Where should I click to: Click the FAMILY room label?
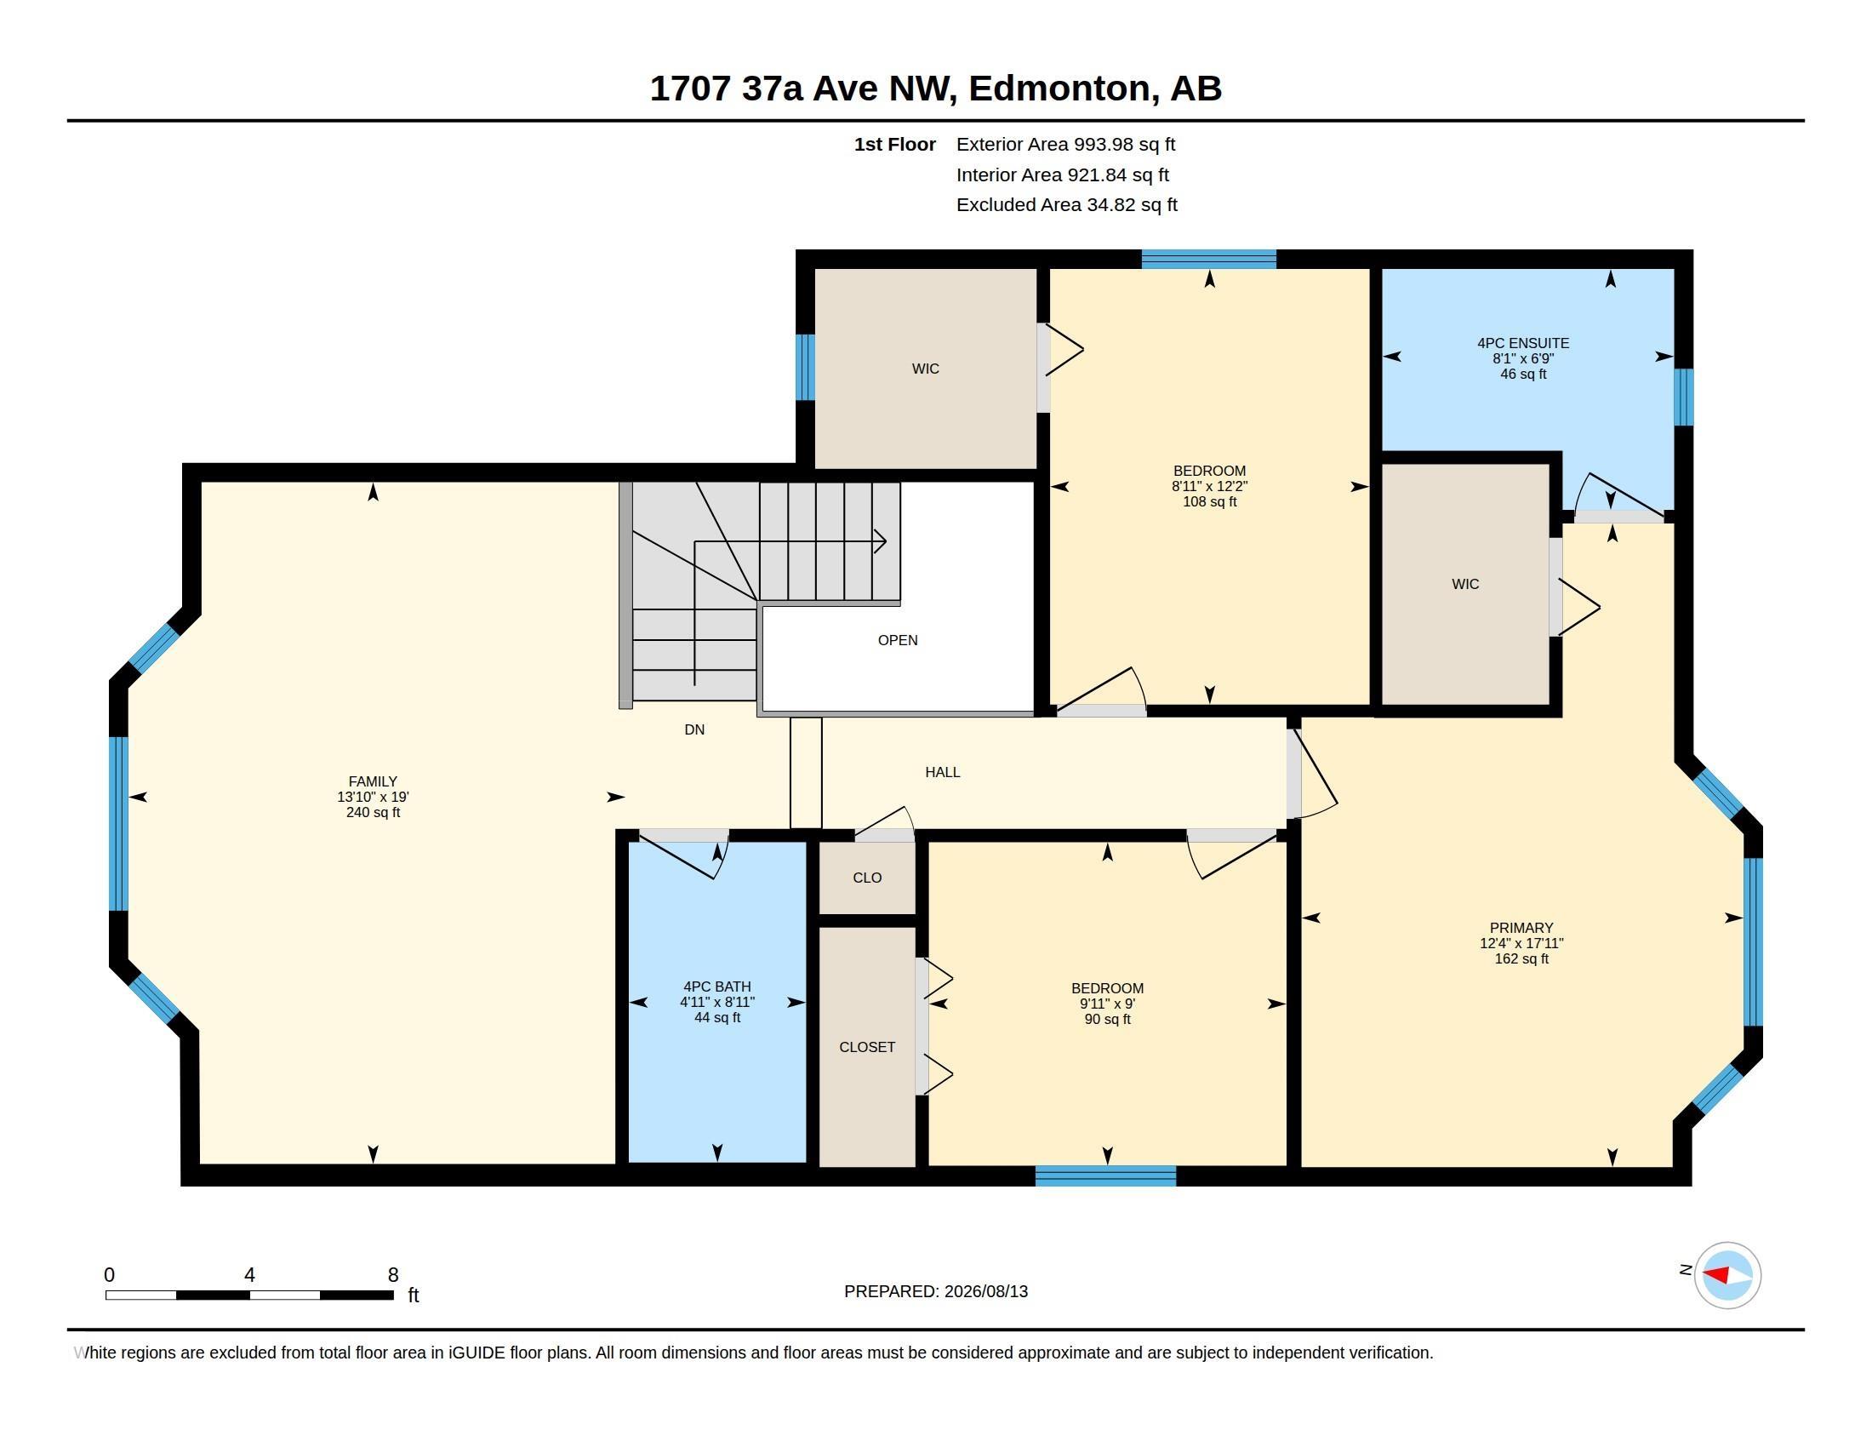click(373, 781)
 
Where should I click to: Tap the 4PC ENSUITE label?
click(1523, 343)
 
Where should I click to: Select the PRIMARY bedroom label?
click(1521, 928)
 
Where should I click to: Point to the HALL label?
click(942, 772)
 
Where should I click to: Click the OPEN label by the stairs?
click(898, 640)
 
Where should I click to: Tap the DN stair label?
click(694, 729)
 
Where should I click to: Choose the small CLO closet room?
click(867, 878)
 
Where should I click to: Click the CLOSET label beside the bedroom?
click(866, 1047)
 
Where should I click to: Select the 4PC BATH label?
click(717, 987)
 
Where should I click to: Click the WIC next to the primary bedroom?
click(1465, 584)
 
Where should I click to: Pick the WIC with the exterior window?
click(926, 369)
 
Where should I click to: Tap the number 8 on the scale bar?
click(393, 1275)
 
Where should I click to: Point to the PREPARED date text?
click(936, 1291)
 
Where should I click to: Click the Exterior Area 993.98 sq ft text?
click(1065, 145)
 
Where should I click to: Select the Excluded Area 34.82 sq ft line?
click(1066, 205)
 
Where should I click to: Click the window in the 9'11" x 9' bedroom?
click(1105, 1176)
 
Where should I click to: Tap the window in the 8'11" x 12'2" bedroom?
click(1208, 259)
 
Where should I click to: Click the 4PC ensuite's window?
click(1683, 397)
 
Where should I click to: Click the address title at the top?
click(936, 89)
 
